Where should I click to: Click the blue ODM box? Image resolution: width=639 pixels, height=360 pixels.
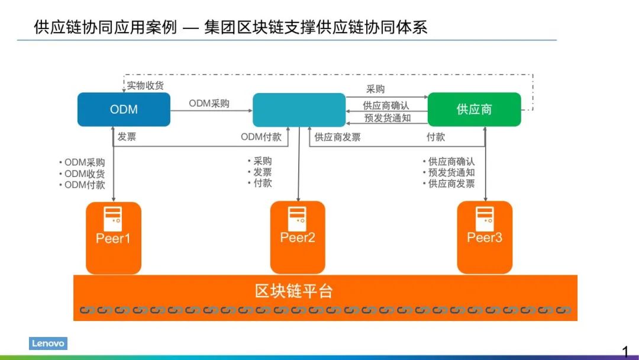pyautogui.click(x=124, y=110)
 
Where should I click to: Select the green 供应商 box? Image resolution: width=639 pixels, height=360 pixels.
pyautogui.click(x=474, y=110)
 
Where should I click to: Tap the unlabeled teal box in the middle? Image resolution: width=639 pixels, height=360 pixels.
pyautogui.click(x=299, y=110)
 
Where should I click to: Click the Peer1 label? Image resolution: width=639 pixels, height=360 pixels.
pyautogui.click(x=113, y=239)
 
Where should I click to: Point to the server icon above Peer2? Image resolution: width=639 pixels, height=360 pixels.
pyautogui.click(x=298, y=218)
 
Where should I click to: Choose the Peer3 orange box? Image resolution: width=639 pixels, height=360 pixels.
pyautogui.click(x=485, y=237)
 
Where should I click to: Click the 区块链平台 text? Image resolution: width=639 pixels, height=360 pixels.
pyautogui.click(x=294, y=291)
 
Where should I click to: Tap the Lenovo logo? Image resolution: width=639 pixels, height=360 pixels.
pyautogui.click(x=48, y=343)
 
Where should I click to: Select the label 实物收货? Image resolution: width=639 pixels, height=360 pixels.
pyautogui.click(x=146, y=86)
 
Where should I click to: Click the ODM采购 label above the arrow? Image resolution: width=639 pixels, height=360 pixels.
pyautogui.click(x=209, y=104)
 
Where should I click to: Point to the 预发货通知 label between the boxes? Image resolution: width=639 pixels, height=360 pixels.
pyautogui.click(x=388, y=118)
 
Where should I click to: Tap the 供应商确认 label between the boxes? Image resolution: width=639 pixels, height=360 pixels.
pyautogui.click(x=386, y=106)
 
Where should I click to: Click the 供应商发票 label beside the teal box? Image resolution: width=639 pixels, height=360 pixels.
pyautogui.click(x=337, y=137)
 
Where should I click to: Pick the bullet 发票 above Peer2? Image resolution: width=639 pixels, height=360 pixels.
pyautogui.click(x=262, y=172)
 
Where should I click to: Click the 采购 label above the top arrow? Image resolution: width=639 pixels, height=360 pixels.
pyautogui.click(x=376, y=89)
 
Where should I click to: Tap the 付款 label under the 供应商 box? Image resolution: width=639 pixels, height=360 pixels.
pyautogui.click(x=436, y=137)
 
